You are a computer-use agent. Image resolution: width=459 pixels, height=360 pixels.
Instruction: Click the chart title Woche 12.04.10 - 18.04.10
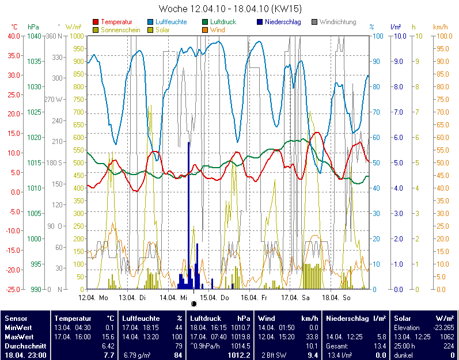(230, 9)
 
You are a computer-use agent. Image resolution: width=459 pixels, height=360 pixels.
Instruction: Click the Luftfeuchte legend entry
(172, 22)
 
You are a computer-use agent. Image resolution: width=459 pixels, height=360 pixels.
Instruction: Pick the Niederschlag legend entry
(282, 22)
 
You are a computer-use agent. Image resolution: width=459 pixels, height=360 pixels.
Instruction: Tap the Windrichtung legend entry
(337, 22)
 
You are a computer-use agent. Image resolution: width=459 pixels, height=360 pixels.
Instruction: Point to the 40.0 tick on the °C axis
(13, 36)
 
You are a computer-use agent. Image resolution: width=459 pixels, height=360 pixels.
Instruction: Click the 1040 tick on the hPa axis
(34, 36)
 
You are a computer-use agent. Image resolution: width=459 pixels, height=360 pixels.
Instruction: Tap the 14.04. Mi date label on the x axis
(173, 298)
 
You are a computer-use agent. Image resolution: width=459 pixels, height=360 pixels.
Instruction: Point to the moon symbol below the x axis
(194, 304)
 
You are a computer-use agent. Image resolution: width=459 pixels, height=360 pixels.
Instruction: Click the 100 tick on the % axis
(378, 36)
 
